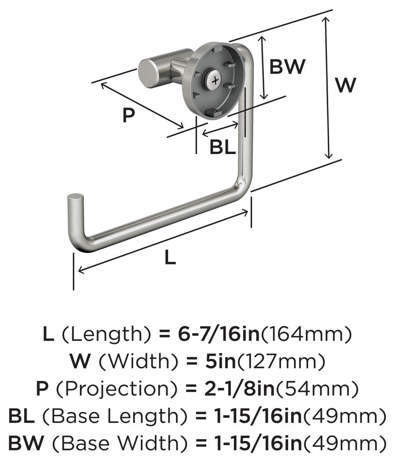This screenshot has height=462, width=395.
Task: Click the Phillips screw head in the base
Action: pos(214,81)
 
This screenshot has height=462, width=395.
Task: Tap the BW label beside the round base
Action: pos(288,67)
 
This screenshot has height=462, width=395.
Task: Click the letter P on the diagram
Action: pos(128,115)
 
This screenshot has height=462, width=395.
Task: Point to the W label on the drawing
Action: pos(346,85)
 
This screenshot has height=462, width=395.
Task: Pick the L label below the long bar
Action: pos(170,258)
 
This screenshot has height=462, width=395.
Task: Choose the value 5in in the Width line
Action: pos(218,361)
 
